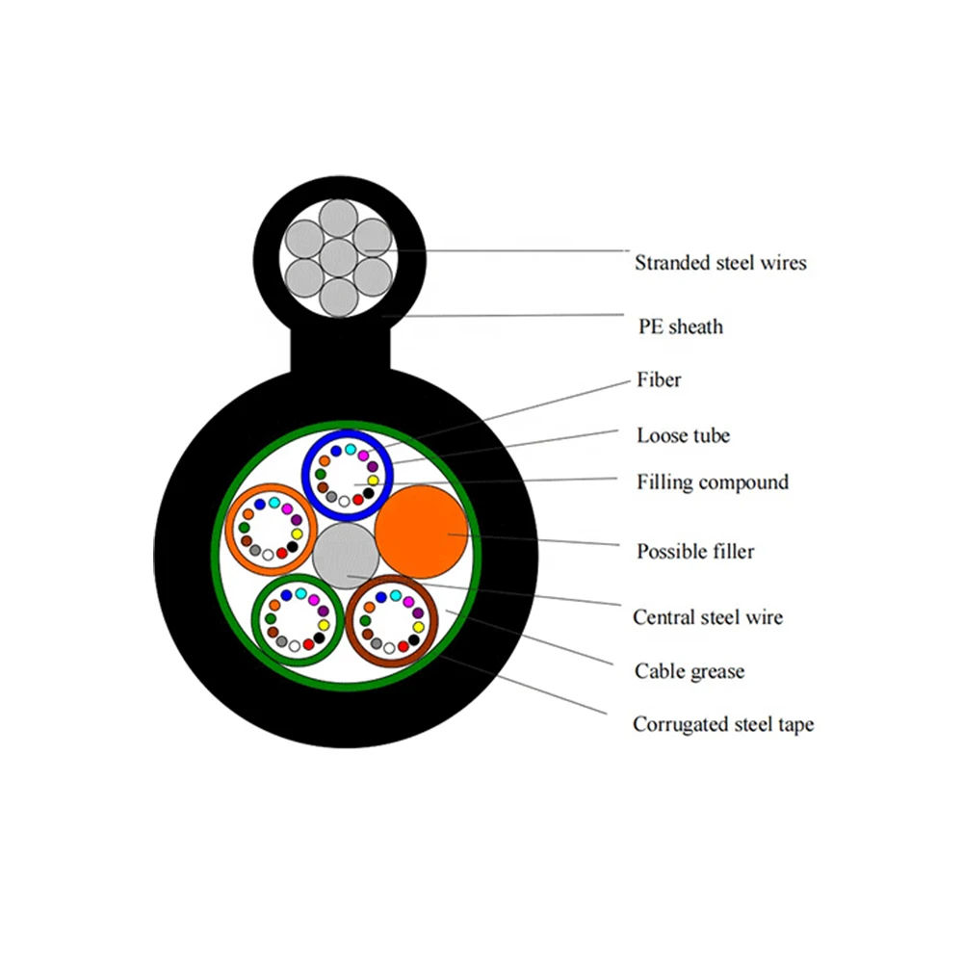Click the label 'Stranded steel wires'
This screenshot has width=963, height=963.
pyautogui.click(x=719, y=262)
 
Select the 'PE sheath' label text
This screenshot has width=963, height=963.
pyautogui.click(x=680, y=326)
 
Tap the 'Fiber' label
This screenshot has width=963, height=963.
pyautogui.click(x=659, y=380)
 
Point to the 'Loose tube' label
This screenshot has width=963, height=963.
pyautogui.click(x=683, y=435)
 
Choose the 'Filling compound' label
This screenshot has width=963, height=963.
pyautogui.click(x=712, y=481)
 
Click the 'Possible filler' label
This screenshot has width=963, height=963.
pyautogui.click(x=695, y=552)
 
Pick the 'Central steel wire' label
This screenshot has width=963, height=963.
pyautogui.click(x=708, y=617)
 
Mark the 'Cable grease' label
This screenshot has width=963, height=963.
pyautogui.click(x=690, y=671)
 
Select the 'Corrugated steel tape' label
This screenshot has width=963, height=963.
pyautogui.click(x=722, y=724)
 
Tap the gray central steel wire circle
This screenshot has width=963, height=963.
pyautogui.click(x=347, y=556)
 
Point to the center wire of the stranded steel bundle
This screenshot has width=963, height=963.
pyautogui.click(x=337, y=257)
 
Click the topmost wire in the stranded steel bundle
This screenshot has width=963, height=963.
pyautogui.click(x=337, y=219)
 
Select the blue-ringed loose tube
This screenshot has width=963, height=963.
pyautogui.click(x=347, y=475)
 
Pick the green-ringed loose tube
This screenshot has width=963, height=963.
pyautogui.click(x=298, y=621)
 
